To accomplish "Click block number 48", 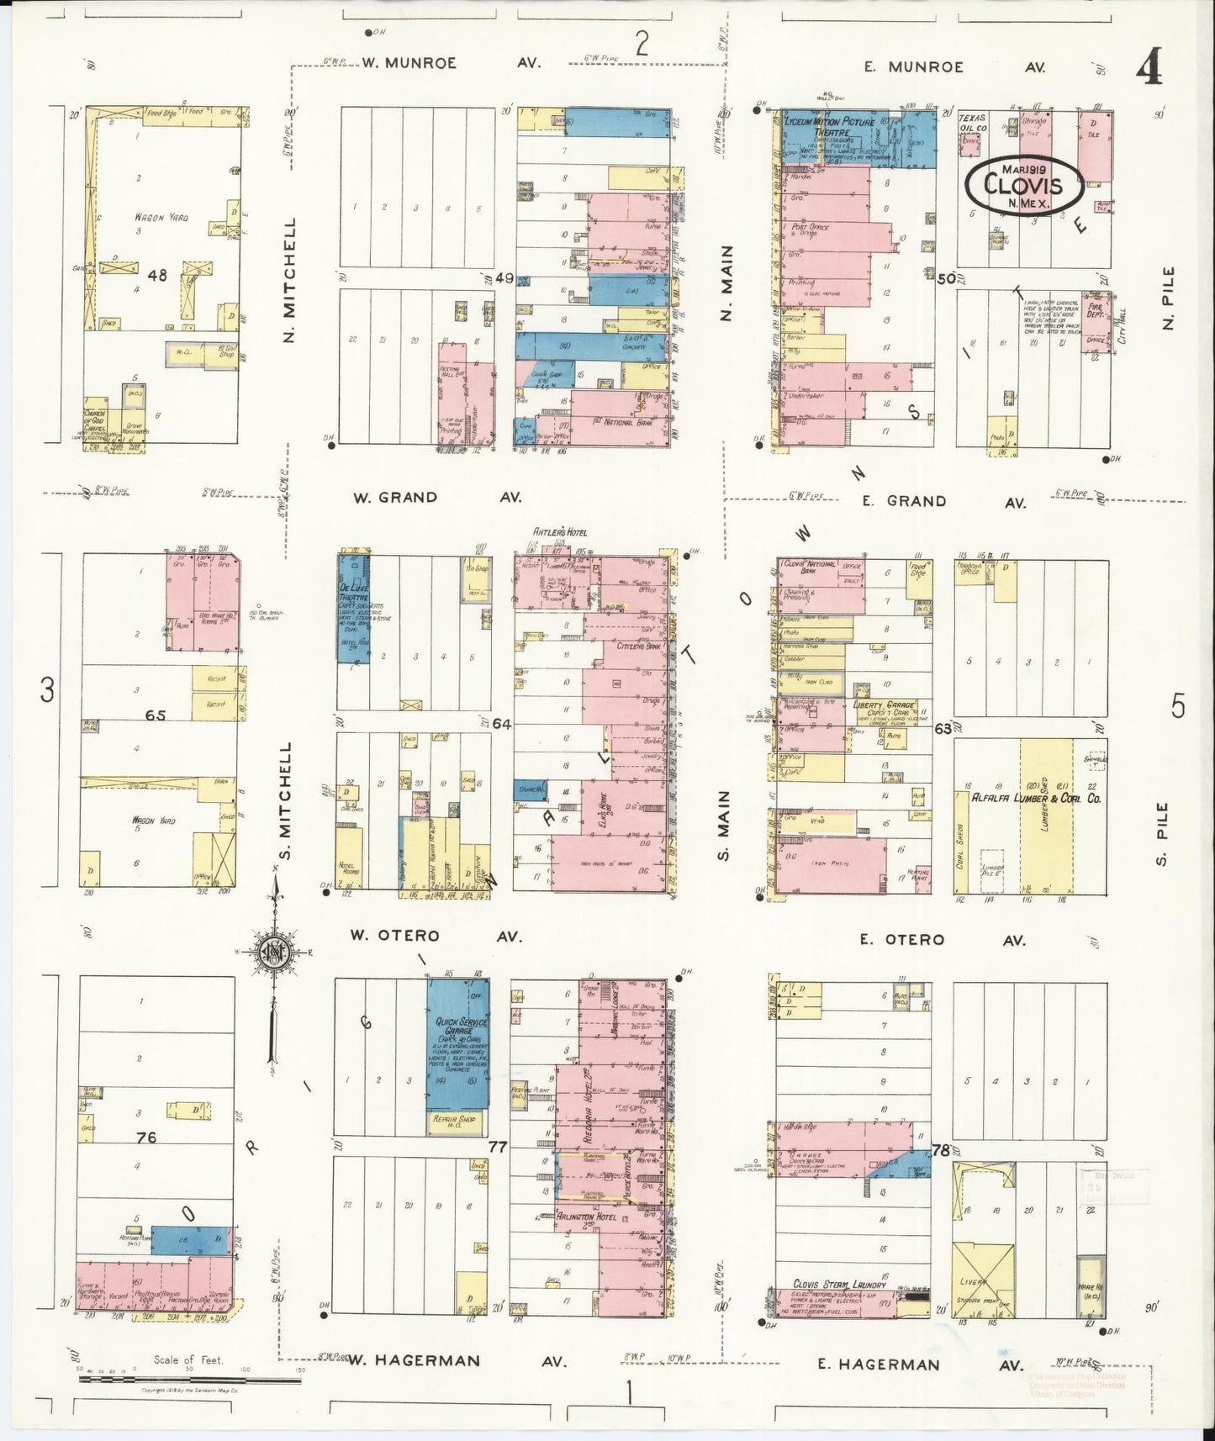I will pos(156,274).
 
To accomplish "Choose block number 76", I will pos(146,1137).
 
